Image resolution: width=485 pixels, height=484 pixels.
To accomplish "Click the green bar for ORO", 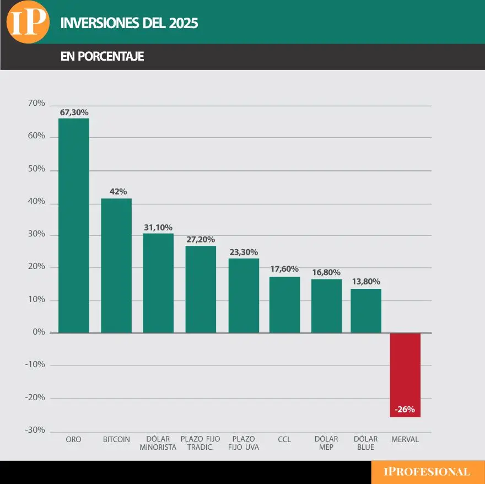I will coord(73,225).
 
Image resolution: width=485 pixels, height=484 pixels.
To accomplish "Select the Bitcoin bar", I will coord(116,266).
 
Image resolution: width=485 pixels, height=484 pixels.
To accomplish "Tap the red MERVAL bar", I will coord(405,375).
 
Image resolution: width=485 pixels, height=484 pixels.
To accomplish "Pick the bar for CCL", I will coord(284,305).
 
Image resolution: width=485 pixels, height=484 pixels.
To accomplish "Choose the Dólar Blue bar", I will coord(366,311).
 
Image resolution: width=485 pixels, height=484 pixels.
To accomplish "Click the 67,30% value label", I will coord(74,112).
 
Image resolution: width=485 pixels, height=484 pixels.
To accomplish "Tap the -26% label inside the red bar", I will coord(405,410).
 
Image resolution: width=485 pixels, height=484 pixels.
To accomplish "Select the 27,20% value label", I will coord(201,240).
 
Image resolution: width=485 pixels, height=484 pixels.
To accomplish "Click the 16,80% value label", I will coord(326,272).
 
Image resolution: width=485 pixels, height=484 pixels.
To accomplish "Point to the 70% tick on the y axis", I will coord(36,104).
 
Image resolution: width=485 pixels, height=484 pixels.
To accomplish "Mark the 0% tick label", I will coord(39,332).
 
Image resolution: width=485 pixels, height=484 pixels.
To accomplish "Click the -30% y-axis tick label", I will coord(35,430).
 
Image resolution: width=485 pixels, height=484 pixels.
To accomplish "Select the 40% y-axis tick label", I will coord(36,202).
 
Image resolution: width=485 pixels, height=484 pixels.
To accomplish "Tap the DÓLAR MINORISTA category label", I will coord(158,443).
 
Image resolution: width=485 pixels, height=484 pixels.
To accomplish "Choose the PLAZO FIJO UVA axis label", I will coord(243,443).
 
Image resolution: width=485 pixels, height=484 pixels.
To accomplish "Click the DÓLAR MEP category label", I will coord(326,443).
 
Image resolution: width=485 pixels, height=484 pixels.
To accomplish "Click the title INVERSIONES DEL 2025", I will coord(129,23).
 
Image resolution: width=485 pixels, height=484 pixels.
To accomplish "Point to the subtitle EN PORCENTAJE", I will coord(102,57).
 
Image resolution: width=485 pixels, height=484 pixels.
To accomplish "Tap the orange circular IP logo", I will coord(28,22).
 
